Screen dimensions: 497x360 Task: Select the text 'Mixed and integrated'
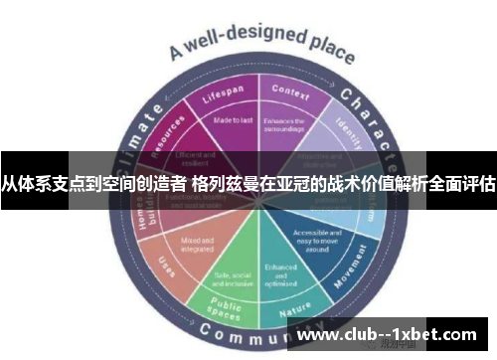[192, 243]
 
